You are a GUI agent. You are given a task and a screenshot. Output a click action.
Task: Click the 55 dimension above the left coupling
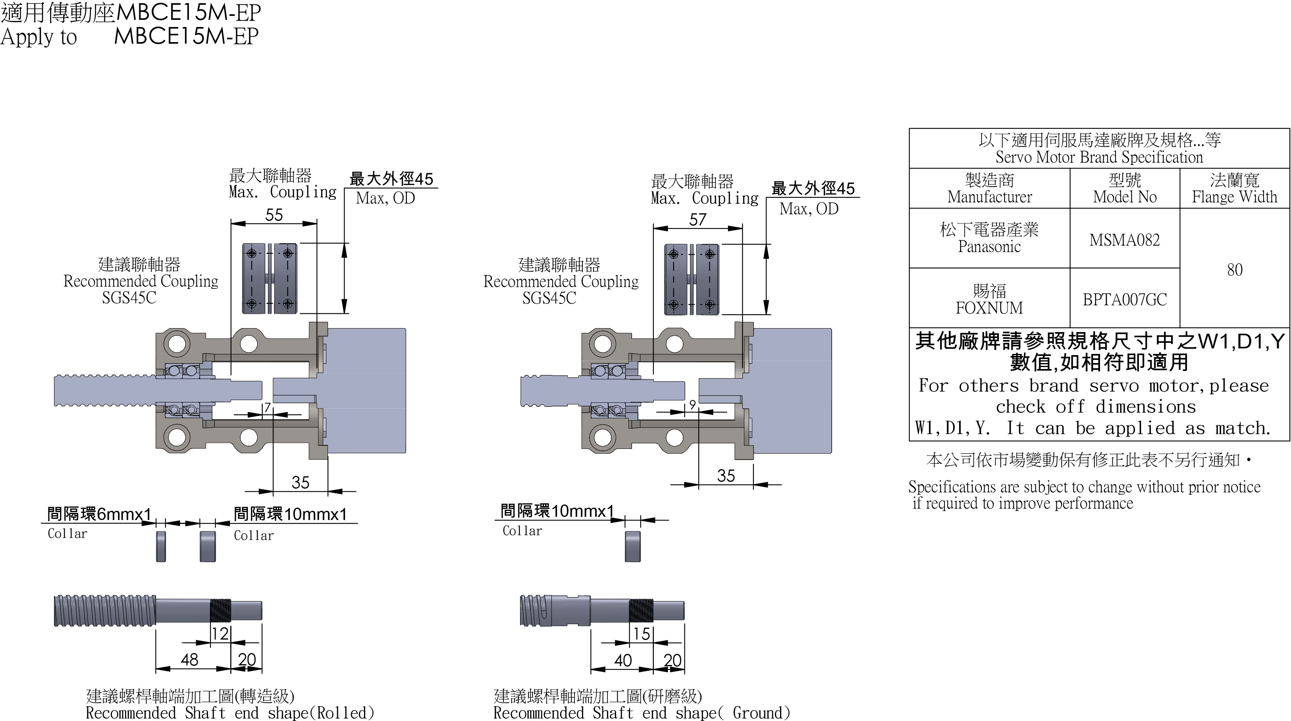pos(274,215)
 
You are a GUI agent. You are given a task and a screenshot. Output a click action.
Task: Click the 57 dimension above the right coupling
pos(698,220)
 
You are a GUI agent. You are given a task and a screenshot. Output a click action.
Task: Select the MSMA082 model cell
pos(1125,240)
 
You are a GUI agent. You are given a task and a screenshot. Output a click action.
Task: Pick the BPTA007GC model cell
pos(1125,300)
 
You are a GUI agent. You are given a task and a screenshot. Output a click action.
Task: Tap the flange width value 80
pos(1234,270)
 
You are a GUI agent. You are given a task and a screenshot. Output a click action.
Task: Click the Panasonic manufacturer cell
pos(989,238)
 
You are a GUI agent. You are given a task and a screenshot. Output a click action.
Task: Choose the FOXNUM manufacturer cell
pos(989,300)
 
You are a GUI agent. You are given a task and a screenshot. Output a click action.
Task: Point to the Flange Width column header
pos(1234,189)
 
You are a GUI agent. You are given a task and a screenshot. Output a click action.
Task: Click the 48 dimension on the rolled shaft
pos(189,659)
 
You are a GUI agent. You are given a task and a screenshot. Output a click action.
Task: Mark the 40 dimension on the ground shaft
pos(623,660)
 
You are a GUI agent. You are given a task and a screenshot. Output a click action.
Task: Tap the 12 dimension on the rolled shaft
pos(220,634)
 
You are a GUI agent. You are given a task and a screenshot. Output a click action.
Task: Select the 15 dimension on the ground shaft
pos(642,634)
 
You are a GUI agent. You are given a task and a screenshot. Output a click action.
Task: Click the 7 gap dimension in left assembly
pos(268,408)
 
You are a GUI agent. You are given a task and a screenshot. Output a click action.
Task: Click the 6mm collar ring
pos(161,546)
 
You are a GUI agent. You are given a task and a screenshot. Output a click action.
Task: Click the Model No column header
pos(1125,189)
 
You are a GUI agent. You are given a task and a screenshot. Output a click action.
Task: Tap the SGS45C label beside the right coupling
pos(549,298)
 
